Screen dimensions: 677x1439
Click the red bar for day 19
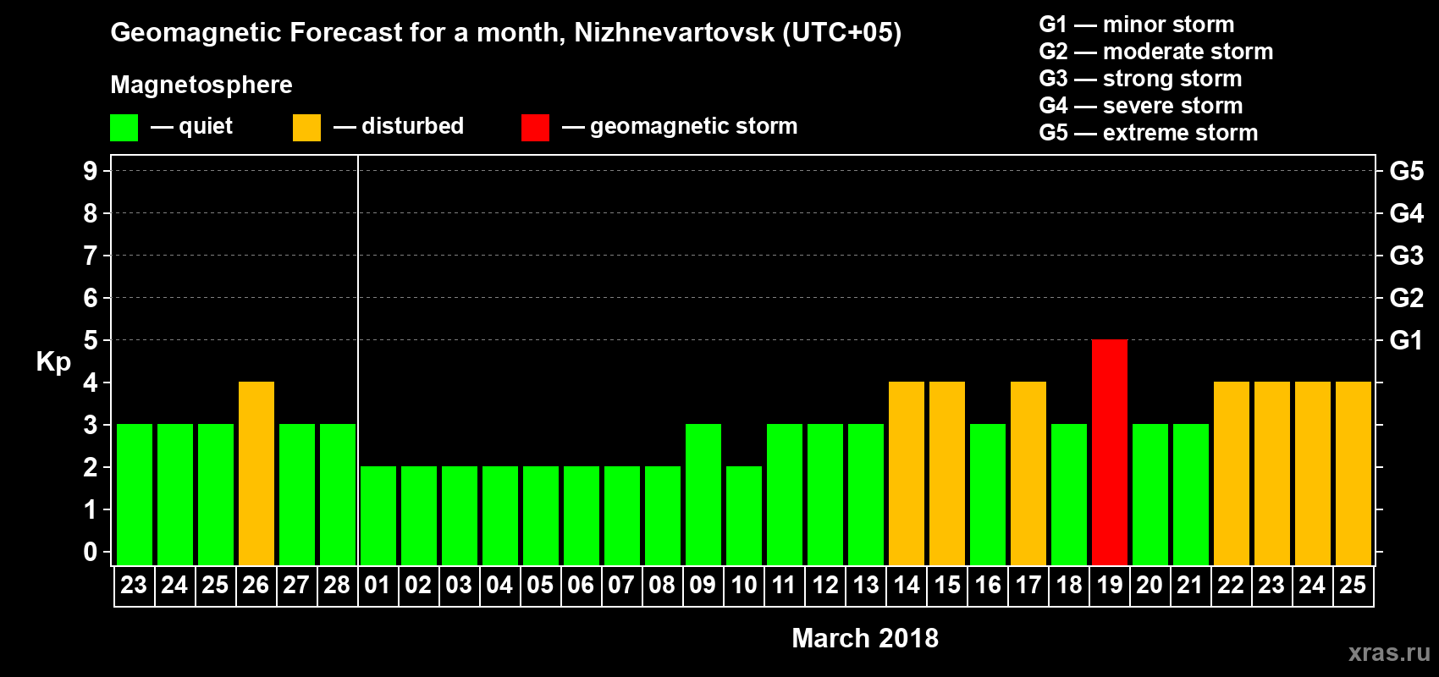click(1109, 452)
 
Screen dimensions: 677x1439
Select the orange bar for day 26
click(256, 473)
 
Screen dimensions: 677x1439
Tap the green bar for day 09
click(703, 494)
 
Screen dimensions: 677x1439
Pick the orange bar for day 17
click(1028, 473)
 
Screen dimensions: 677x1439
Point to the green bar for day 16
click(987, 494)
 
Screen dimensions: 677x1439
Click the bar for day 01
click(378, 515)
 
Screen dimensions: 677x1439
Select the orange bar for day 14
click(906, 473)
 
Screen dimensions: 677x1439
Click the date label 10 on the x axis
click(743, 585)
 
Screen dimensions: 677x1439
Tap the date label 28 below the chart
click(337, 585)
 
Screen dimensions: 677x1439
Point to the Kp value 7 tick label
click(91, 256)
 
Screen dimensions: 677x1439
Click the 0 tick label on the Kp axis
click(91, 552)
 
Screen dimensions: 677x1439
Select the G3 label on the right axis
click(1406, 256)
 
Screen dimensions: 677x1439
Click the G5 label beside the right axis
click(1406, 171)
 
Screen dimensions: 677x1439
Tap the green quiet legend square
click(124, 128)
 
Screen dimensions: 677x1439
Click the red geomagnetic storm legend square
click(535, 128)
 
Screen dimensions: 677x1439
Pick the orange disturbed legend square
click(306, 128)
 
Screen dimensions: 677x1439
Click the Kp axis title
click(53, 362)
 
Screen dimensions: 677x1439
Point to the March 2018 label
click(864, 638)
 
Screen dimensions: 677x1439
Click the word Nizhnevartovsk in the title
click(674, 33)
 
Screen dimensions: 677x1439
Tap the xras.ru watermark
click(1388, 652)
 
